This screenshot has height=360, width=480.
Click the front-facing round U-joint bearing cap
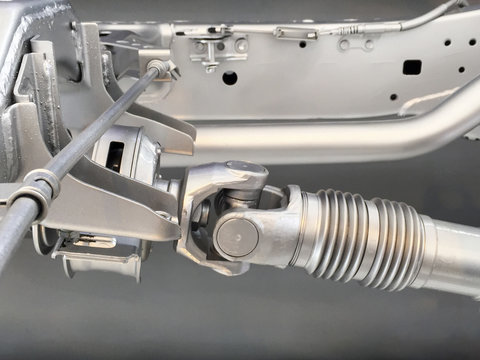point(237,236)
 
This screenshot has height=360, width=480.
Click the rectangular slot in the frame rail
point(411,67)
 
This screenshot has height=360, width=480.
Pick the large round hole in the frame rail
point(230,77)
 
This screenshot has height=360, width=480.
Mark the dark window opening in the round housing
point(113,156)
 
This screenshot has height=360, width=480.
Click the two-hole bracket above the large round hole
point(221,47)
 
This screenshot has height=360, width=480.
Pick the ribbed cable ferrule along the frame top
point(291,33)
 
